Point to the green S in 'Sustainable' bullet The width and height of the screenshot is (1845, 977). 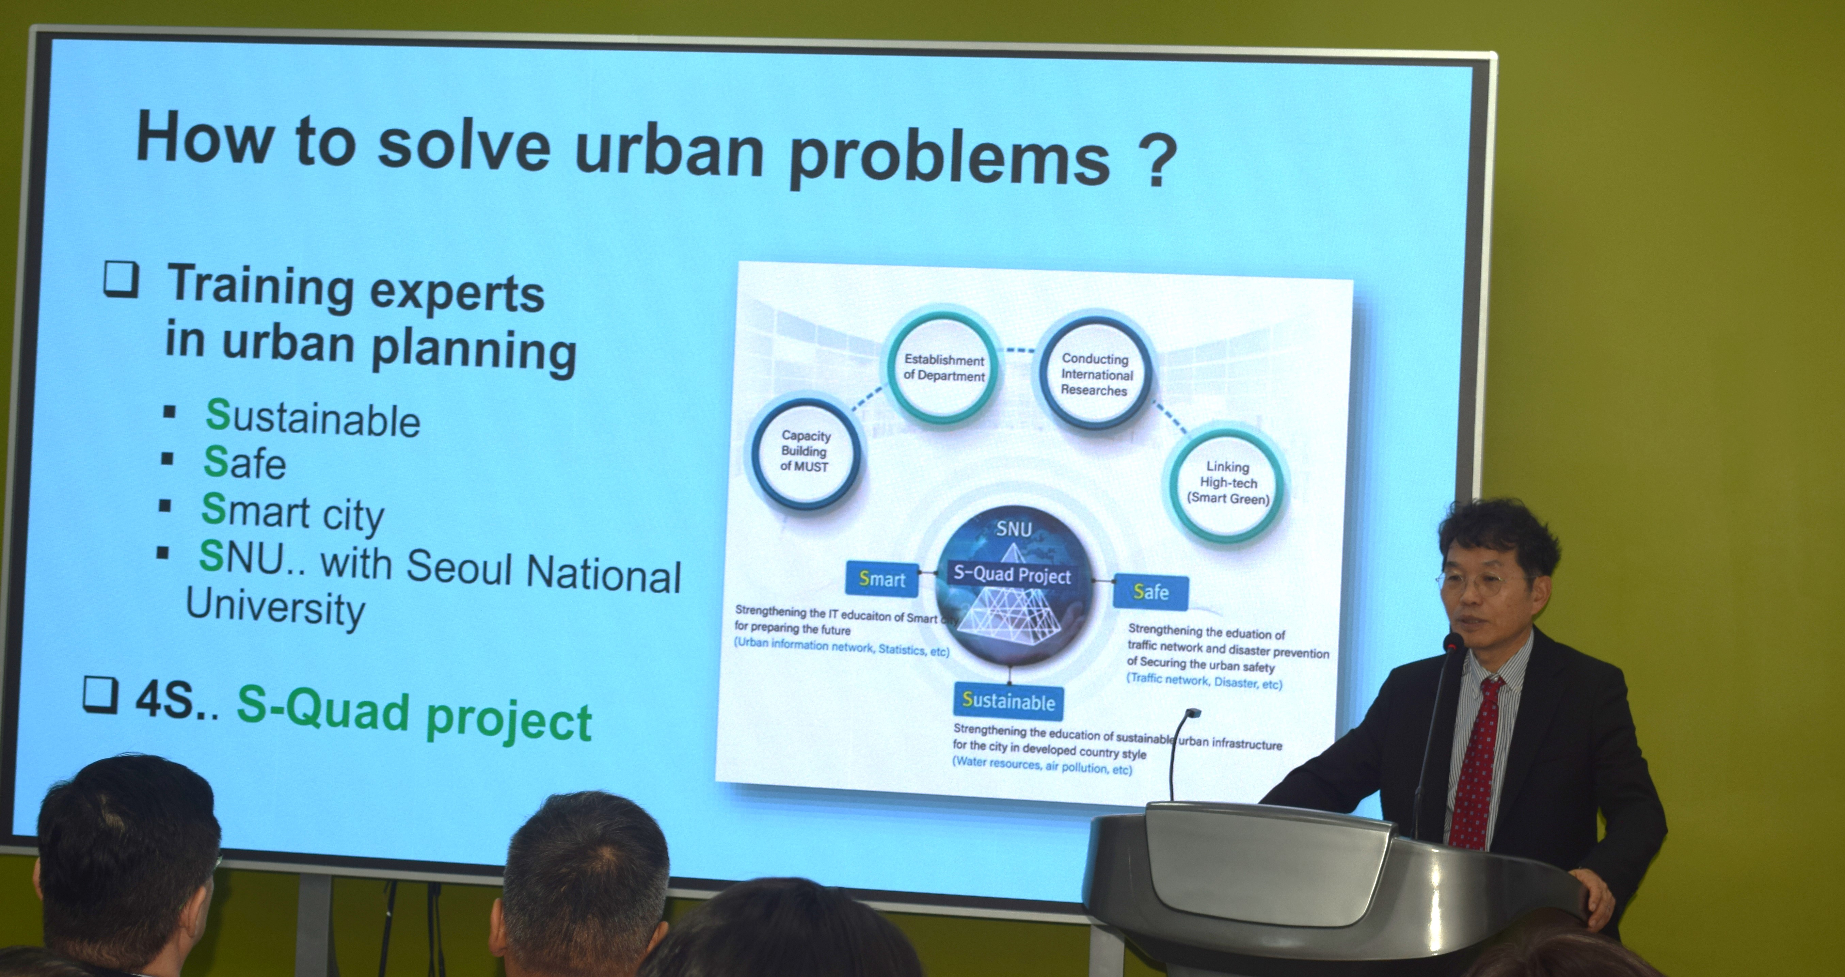(x=218, y=414)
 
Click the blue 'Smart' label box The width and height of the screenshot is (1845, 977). (x=882, y=579)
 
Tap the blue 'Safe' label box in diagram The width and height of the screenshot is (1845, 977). (x=1150, y=592)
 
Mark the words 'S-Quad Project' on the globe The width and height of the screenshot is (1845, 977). (x=1011, y=575)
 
